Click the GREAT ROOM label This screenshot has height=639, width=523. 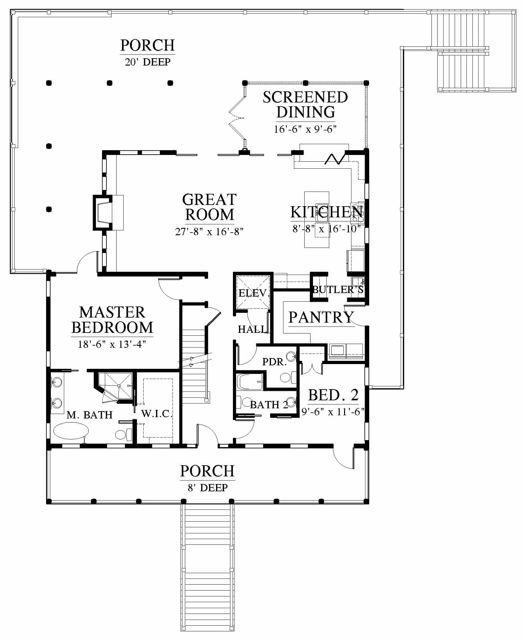point(209,207)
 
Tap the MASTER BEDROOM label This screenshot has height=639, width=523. point(112,320)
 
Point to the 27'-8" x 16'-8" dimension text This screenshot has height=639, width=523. point(209,231)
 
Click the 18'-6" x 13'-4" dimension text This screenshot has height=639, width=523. point(112,344)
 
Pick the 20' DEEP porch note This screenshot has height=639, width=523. point(148,62)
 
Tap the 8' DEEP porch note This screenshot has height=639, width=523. point(207,488)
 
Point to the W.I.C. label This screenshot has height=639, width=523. point(157,414)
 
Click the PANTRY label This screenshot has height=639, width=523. point(321,317)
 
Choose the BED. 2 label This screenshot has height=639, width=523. point(333,395)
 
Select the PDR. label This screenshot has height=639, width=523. point(275,362)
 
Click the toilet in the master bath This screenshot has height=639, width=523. point(124,434)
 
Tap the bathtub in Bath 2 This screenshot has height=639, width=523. point(250,382)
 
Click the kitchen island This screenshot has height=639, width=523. point(316,220)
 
